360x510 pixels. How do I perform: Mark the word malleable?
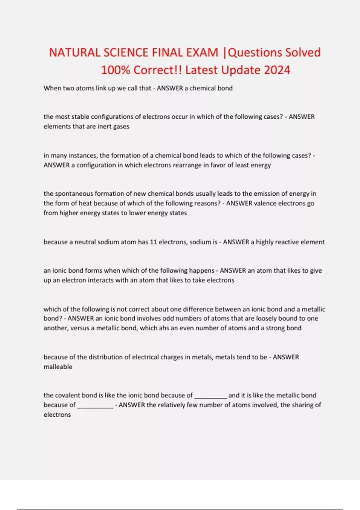tap(58, 367)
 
